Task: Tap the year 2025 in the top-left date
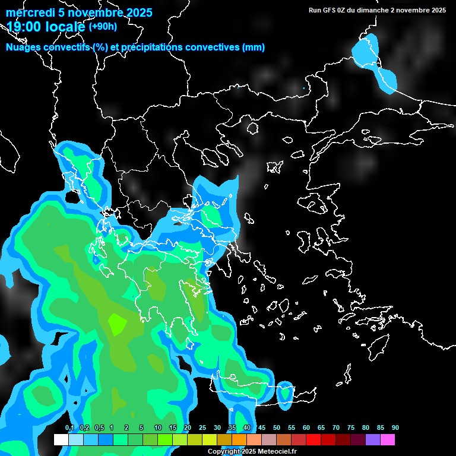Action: coord(138,12)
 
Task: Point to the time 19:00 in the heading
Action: coord(26,27)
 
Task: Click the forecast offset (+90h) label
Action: coord(103,26)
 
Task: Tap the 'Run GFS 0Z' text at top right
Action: coord(328,10)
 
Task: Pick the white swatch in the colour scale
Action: coord(61,439)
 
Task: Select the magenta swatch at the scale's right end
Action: coord(388,439)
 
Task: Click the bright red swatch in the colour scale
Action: coord(313,439)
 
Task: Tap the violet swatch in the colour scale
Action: coord(373,439)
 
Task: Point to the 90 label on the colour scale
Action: coord(395,428)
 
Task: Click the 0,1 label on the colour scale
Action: coord(69,428)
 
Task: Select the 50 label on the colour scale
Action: coord(277,428)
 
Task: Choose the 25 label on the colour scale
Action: coord(202,428)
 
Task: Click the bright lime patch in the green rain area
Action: coord(117,324)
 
